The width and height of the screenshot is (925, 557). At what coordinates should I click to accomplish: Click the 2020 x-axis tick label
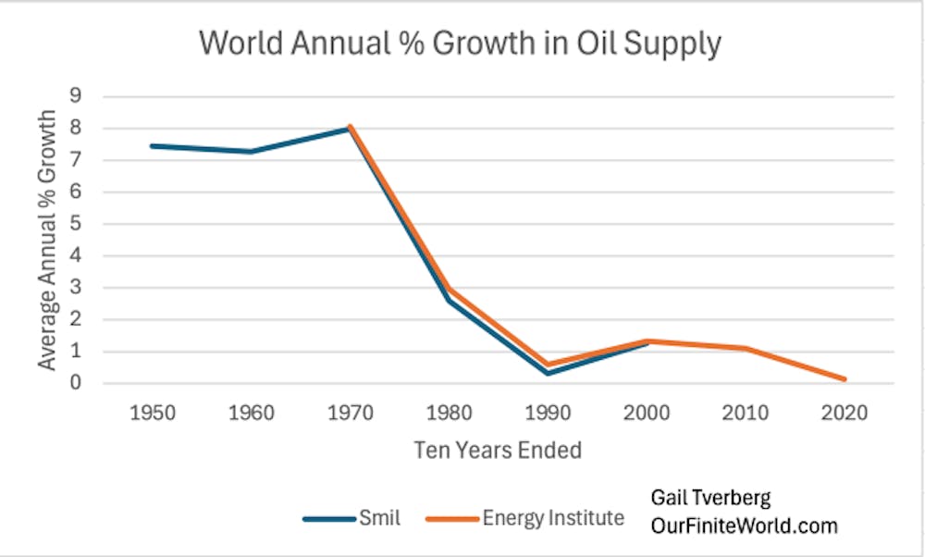tap(845, 413)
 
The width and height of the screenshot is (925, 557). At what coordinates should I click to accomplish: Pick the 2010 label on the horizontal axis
tap(746, 413)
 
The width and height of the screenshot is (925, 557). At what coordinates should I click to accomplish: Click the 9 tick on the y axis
tap(77, 96)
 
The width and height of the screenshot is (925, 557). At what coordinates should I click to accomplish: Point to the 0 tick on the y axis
tap(77, 383)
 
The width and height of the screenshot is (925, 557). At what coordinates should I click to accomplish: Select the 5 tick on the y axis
tap(77, 224)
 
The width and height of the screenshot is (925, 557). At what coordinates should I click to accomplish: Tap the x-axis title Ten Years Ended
tap(498, 451)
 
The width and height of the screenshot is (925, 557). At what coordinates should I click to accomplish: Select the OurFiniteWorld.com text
tap(745, 526)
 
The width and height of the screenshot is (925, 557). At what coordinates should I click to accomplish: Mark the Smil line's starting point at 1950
tap(151, 145)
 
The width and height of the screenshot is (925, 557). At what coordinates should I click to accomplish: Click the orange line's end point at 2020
tap(845, 379)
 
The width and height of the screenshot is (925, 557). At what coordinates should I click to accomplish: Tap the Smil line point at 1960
tap(250, 152)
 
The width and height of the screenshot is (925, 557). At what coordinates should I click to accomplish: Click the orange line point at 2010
tap(746, 348)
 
